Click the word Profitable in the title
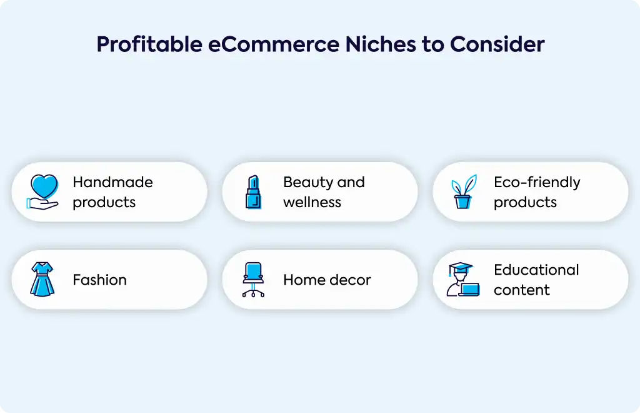(x=149, y=44)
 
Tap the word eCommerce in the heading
(x=274, y=44)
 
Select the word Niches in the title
(x=381, y=44)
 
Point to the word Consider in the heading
(x=497, y=44)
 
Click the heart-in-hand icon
(x=43, y=192)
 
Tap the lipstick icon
(x=253, y=192)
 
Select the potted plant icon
(x=464, y=192)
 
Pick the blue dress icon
(x=42, y=280)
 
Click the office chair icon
(x=253, y=280)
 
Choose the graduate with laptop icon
(x=463, y=280)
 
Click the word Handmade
(x=112, y=182)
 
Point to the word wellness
(x=312, y=202)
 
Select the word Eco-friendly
(x=537, y=183)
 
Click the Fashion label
(x=99, y=280)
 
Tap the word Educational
(x=536, y=270)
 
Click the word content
(x=522, y=290)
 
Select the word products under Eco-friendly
(x=525, y=203)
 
